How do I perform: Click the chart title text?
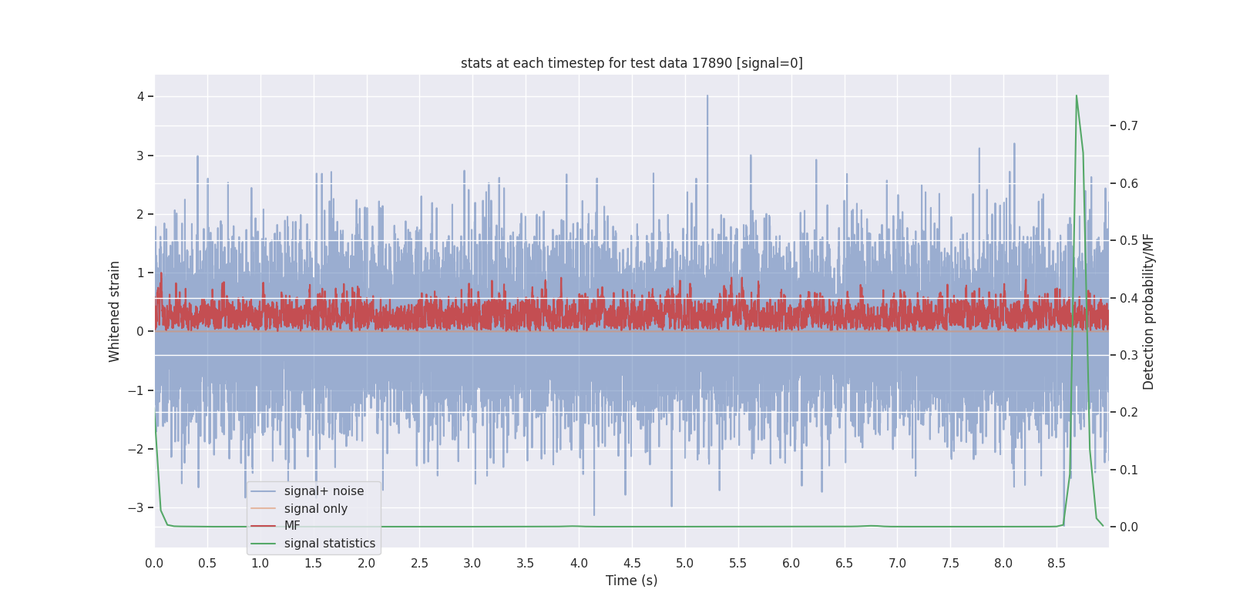tap(631, 63)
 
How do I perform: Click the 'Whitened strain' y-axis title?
tap(115, 311)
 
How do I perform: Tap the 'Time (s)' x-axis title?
tap(631, 581)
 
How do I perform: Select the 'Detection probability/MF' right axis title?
tap(1148, 311)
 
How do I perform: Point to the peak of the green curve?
tap(1076, 96)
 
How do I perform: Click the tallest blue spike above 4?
tap(707, 97)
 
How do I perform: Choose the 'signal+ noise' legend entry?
tap(324, 491)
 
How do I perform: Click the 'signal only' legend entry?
tap(315, 509)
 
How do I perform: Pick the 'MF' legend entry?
tap(292, 526)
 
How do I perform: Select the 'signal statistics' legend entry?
tap(329, 544)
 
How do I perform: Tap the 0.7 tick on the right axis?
tap(1128, 126)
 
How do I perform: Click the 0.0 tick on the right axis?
tap(1128, 527)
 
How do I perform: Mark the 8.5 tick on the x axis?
tap(1057, 563)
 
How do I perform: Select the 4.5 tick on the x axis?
tap(632, 563)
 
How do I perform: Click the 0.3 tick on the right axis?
tap(1128, 355)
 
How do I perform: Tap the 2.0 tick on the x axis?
tap(366, 563)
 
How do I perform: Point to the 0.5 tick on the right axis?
tap(1128, 240)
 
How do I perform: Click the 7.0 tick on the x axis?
tap(897, 563)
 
